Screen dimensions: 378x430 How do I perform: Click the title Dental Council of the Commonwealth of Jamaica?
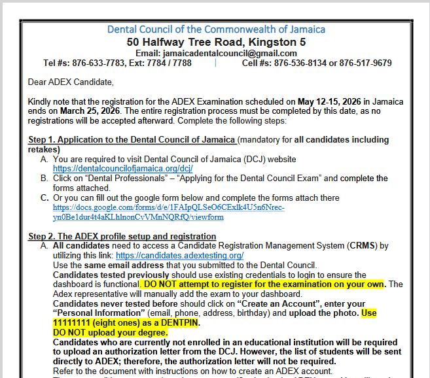point(215,29)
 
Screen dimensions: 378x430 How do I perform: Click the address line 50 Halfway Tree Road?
point(215,42)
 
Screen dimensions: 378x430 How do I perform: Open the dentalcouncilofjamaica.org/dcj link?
point(122,169)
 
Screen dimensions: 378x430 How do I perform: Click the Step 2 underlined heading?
point(122,236)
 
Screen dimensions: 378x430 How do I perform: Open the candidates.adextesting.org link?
point(179,255)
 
